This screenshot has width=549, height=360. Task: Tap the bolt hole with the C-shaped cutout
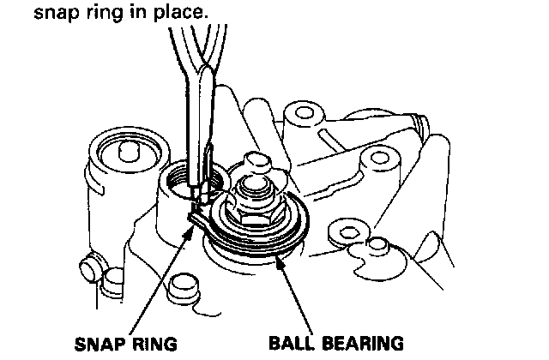click(x=347, y=232)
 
